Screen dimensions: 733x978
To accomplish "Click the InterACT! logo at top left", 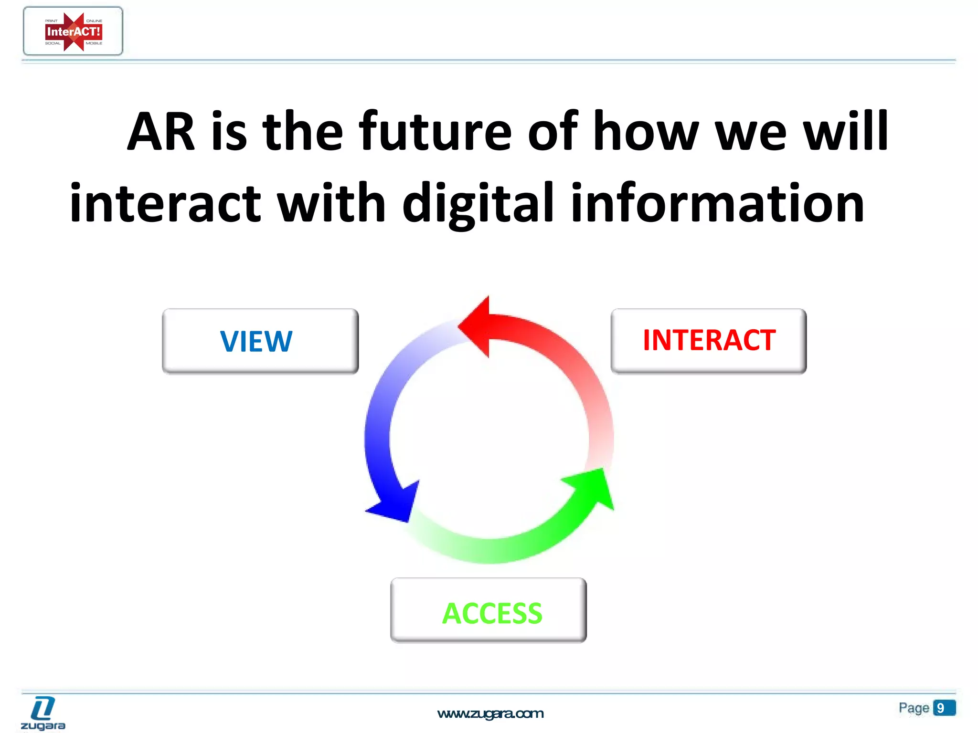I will coord(73,31).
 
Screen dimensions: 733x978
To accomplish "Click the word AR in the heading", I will coord(161,132).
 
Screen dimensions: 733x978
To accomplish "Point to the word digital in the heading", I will coord(478,204).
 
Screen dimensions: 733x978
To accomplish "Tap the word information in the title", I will coord(717,204).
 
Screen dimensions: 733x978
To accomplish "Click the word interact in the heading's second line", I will coord(165,204).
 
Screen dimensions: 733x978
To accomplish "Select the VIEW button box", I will coord(260,341).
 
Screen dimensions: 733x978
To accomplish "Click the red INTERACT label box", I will coord(709,341).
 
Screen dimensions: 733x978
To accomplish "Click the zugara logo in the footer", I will coord(43,713).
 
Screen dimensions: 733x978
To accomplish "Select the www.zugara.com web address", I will coord(490,714).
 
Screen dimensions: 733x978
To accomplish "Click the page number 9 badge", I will coord(944,708).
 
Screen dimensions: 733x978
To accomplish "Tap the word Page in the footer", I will coord(914,708).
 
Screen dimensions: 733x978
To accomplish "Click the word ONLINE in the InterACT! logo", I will coord(94,21).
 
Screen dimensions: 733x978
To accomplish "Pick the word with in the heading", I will coord(331,204).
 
